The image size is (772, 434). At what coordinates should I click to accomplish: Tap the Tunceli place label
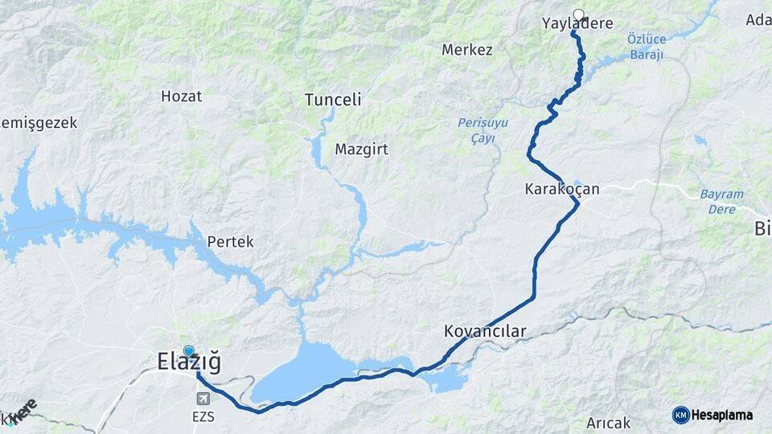click(x=333, y=100)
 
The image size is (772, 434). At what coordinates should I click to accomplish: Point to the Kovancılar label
click(x=484, y=331)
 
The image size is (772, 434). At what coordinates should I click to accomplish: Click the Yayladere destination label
click(x=577, y=24)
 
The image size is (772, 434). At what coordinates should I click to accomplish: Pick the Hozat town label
click(x=181, y=96)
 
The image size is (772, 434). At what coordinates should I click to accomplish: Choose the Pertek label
click(x=230, y=241)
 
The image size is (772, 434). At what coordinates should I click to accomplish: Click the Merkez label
click(x=466, y=50)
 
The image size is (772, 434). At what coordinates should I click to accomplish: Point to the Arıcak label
click(x=608, y=423)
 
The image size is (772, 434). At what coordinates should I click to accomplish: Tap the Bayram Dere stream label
click(x=721, y=201)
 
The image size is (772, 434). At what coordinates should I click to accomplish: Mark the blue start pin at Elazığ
click(x=189, y=350)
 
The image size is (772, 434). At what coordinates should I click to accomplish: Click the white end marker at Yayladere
click(x=577, y=14)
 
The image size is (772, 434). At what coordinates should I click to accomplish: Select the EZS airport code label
click(x=203, y=416)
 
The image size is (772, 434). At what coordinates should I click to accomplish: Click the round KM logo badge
click(x=680, y=415)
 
